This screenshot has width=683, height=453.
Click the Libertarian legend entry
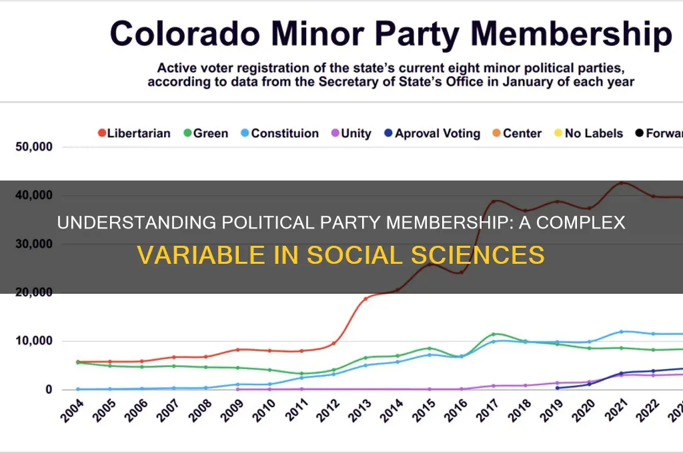[x=134, y=133]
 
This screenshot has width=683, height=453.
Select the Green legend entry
[x=206, y=133]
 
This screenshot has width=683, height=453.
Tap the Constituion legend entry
[x=280, y=133]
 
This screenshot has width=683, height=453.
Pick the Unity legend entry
[x=351, y=133]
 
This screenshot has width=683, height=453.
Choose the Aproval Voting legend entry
[x=432, y=133]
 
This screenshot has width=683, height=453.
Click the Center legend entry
[x=517, y=133]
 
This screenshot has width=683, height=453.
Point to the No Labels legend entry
[x=588, y=133]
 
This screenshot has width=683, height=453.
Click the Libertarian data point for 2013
[x=366, y=298]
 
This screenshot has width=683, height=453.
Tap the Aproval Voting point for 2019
[x=558, y=388]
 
